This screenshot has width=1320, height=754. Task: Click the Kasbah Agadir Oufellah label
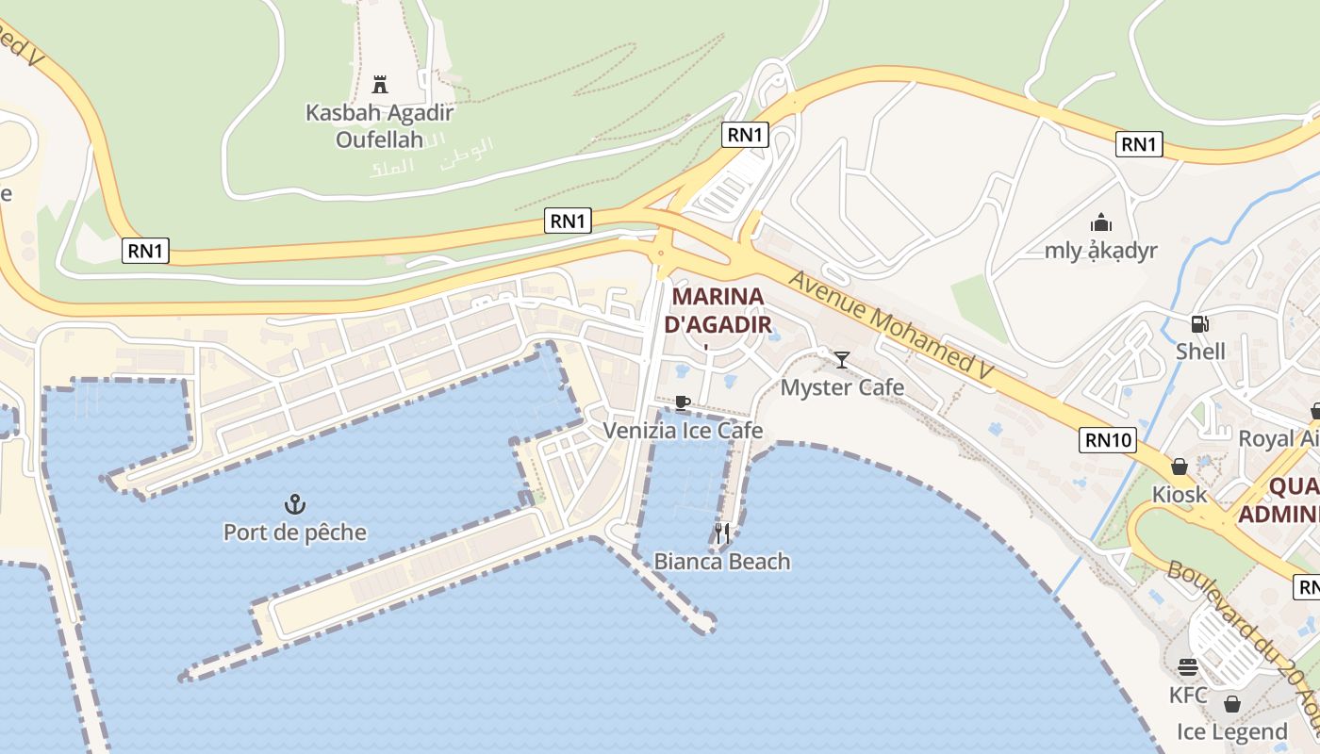(379, 126)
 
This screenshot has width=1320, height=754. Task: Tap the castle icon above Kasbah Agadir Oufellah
(380, 85)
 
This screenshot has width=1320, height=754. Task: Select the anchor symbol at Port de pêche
(295, 504)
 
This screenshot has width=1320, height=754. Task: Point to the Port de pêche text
(295, 533)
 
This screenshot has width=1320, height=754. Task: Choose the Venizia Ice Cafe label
(683, 431)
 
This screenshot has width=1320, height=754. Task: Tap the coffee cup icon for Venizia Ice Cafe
(683, 403)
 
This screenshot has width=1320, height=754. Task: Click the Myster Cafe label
(842, 387)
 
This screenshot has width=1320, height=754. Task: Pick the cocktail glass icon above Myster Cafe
(842, 359)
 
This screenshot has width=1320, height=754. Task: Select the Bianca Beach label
(722, 562)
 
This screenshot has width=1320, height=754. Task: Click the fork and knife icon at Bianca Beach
(722, 533)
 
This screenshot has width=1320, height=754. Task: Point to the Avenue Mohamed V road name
(892, 326)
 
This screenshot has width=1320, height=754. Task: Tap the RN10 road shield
(1108, 439)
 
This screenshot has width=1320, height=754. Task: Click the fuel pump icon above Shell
(1199, 324)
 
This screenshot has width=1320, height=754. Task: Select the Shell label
(1200, 352)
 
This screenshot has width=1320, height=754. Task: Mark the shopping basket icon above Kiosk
(1179, 467)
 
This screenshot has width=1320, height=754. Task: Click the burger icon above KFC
(1187, 667)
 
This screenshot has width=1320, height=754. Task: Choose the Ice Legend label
(1231, 731)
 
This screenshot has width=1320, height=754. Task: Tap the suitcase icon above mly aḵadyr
(1100, 223)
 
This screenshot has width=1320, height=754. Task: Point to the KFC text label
(1188, 696)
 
